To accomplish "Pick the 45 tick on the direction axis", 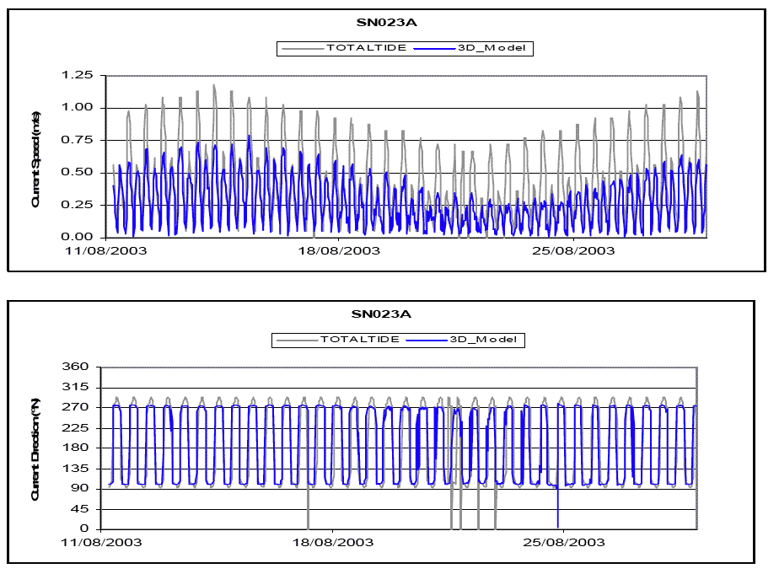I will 82,509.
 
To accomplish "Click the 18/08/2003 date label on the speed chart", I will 337,250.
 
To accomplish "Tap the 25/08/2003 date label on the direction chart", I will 563,542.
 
